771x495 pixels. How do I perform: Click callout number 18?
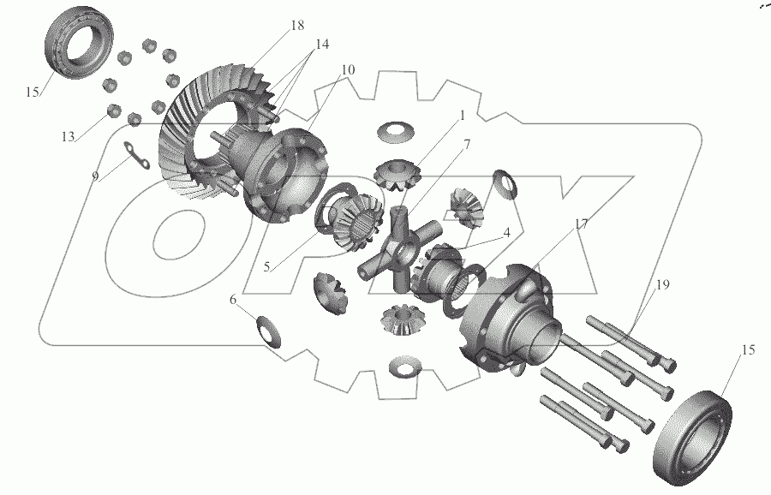(297, 25)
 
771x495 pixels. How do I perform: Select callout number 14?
(322, 45)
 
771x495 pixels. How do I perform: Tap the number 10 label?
(347, 70)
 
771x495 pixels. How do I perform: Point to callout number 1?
(462, 116)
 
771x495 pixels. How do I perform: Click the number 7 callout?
(467, 145)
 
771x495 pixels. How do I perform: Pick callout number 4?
(506, 232)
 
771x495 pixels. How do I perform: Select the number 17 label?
(581, 224)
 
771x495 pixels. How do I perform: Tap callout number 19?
(662, 284)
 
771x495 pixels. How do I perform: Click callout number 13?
(68, 137)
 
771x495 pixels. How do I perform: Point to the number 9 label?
(95, 176)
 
